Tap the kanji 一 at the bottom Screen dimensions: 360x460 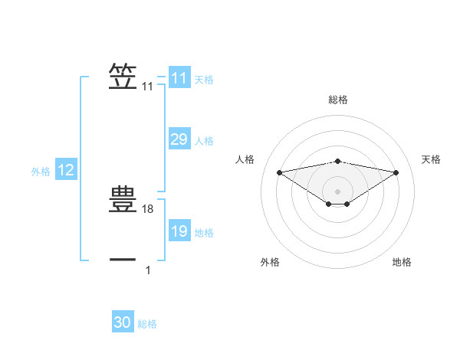pyautogui.click(x=123, y=260)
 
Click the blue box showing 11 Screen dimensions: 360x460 pyautogui.click(x=179, y=78)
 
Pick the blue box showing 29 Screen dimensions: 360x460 pyautogui.click(x=179, y=139)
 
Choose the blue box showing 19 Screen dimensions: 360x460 pyautogui.click(x=179, y=231)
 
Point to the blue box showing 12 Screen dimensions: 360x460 pyautogui.click(x=66, y=171)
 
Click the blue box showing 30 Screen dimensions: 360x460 pyautogui.click(x=123, y=322)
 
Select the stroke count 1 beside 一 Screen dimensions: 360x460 pyautogui.click(x=148, y=270)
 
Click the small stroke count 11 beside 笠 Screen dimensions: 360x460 pyautogui.click(x=147, y=87)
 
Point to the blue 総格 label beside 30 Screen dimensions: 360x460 pyautogui.click(x=147, y=324)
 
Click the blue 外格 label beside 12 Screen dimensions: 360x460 pyautogui.click(x=41, y=172)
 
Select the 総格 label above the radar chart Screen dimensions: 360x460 pyautogui.click(x=337, y=100)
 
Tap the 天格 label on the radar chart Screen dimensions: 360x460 pyautogui.click(x=432, y=159)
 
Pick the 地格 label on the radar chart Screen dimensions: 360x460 pyautogui.click(x=402, y=262)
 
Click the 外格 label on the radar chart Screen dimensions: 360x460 pyautogui.click(x=270, y=262)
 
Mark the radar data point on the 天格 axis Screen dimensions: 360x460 pyautogui.click(x=396, y=172)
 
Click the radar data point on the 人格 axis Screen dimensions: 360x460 pyautogui.click(x=279, y=172)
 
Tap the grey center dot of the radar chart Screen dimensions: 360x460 pyautogui.click(x=337, y=191)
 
